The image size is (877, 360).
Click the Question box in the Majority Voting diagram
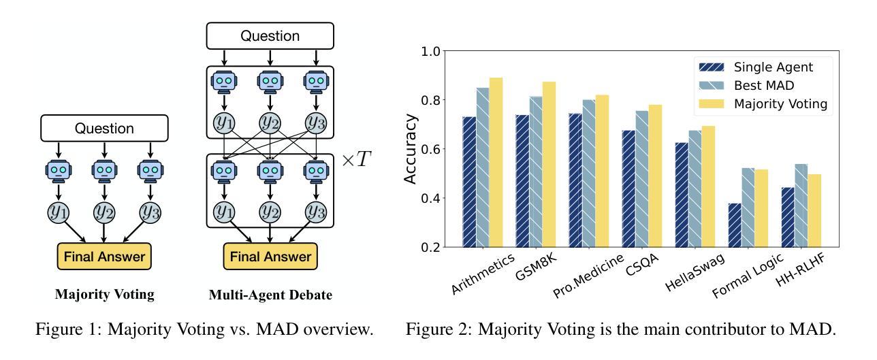tap(103, 128)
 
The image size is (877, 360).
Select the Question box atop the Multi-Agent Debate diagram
tap(270, 35)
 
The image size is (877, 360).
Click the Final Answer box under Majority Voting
tap(103, 256)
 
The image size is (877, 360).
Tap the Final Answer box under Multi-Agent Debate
tap(270, 257)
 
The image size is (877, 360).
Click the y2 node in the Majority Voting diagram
tap(103, 212)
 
